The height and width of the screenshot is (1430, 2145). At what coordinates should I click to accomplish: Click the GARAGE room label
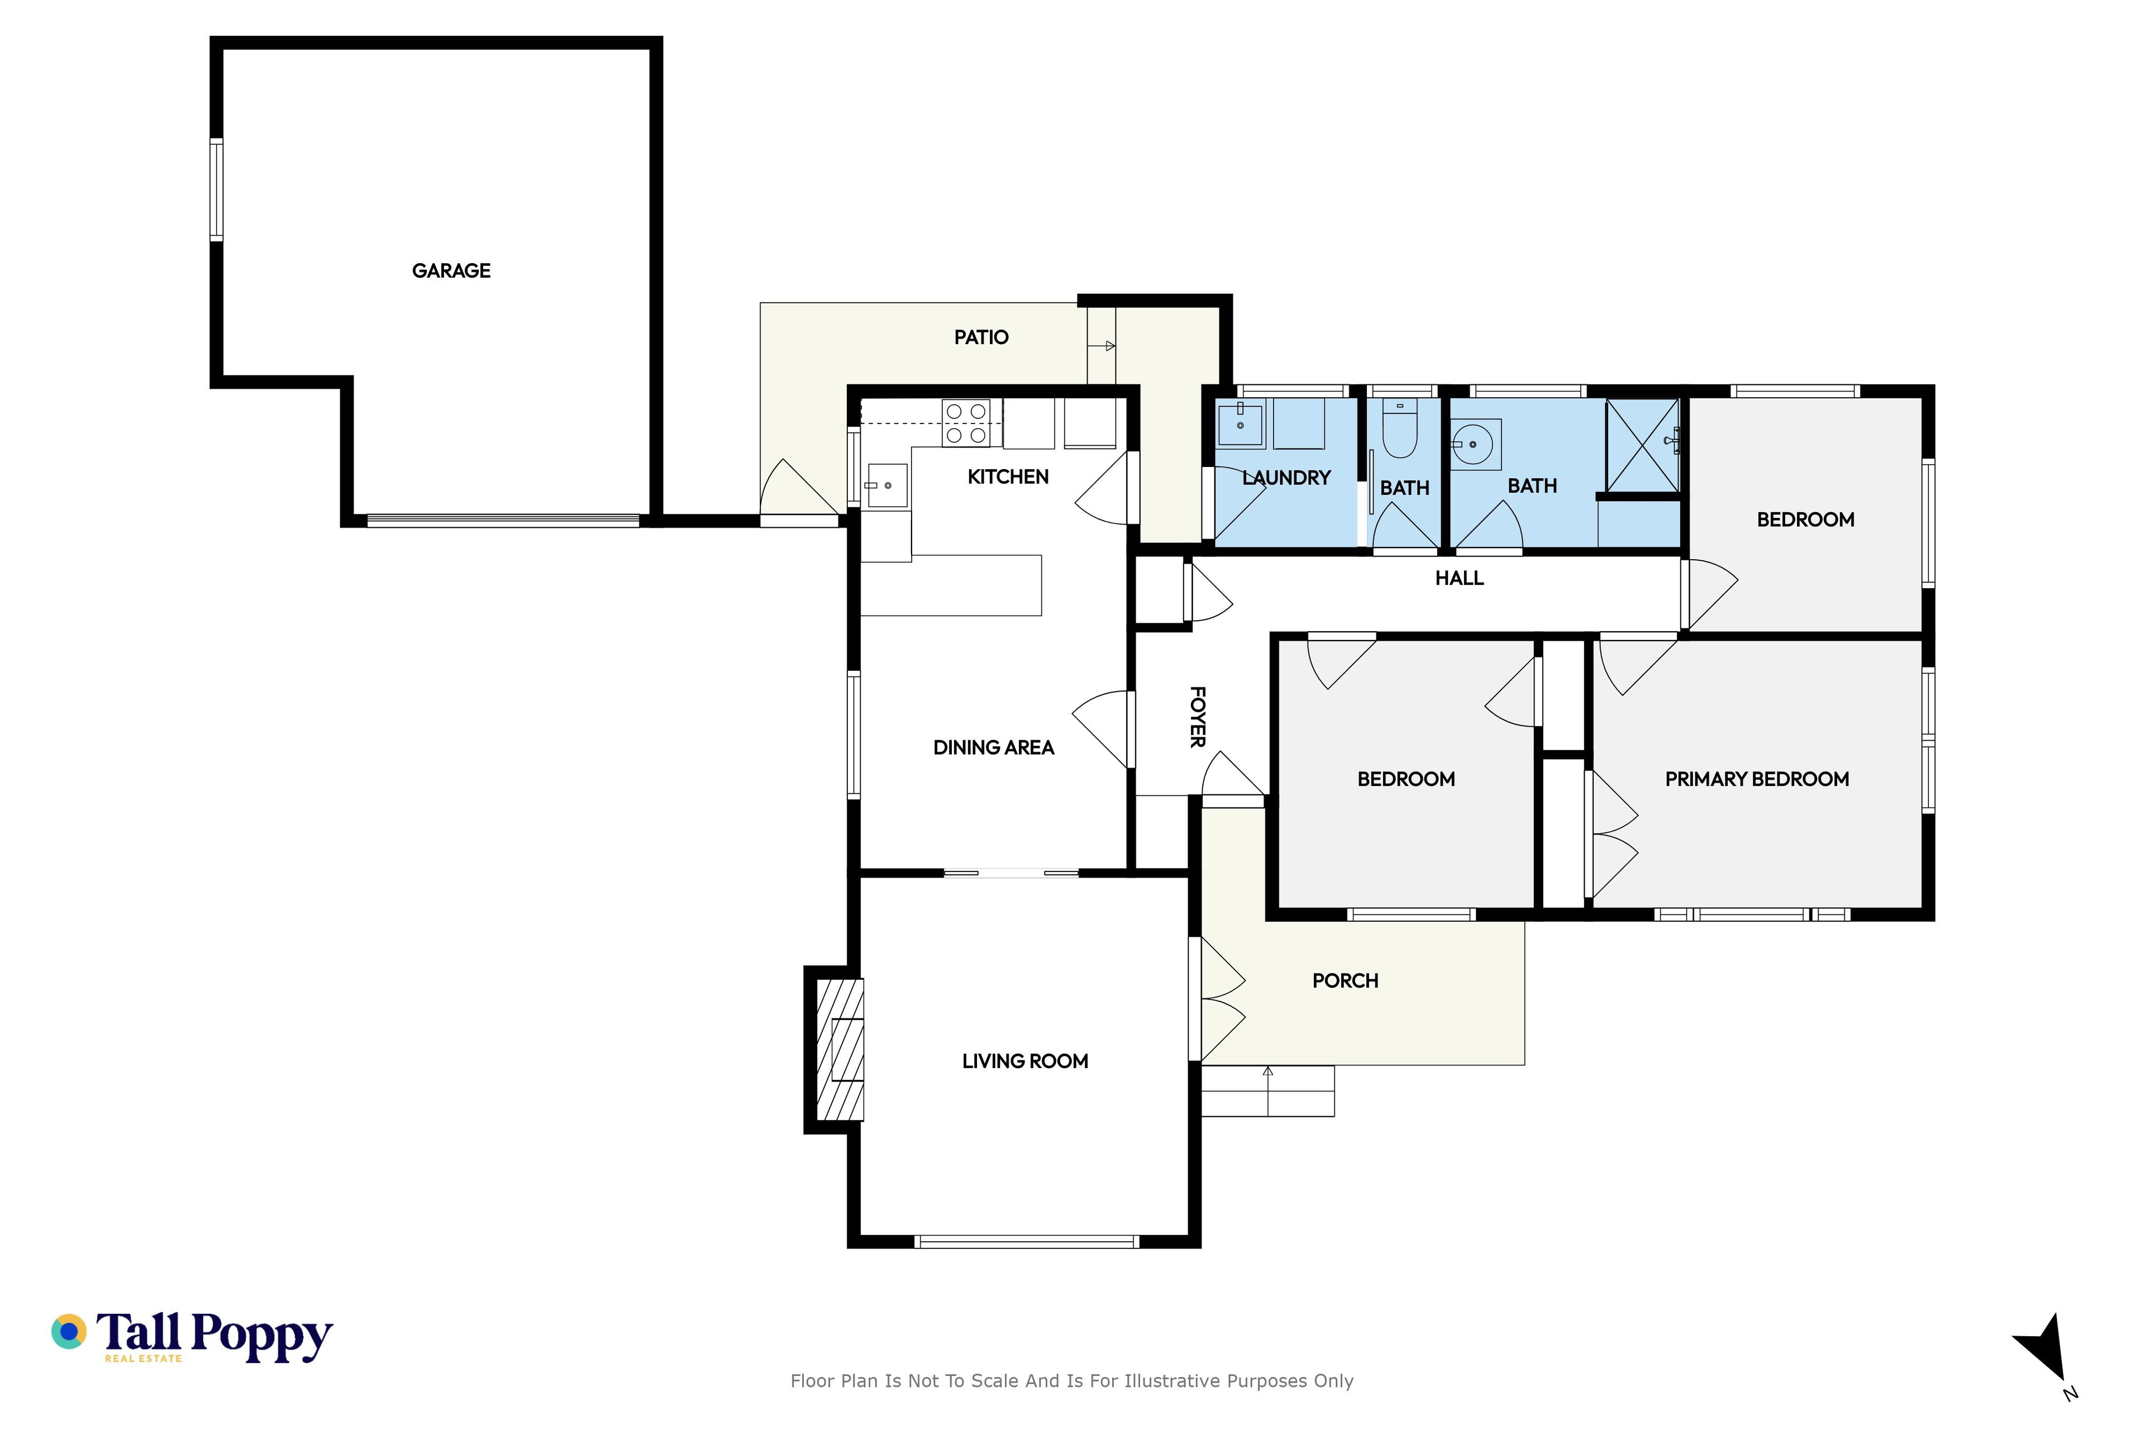pos(451,271)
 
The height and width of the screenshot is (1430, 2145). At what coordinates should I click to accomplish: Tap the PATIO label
pos(981,337)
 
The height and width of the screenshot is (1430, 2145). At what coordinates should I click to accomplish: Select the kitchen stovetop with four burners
pos(966,423)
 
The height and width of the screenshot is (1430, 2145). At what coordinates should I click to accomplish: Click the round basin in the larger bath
pos(1476,445)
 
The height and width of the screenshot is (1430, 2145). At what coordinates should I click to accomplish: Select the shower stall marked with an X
pos(1642,445)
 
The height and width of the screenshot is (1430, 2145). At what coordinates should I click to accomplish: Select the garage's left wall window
pos(216,190)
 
